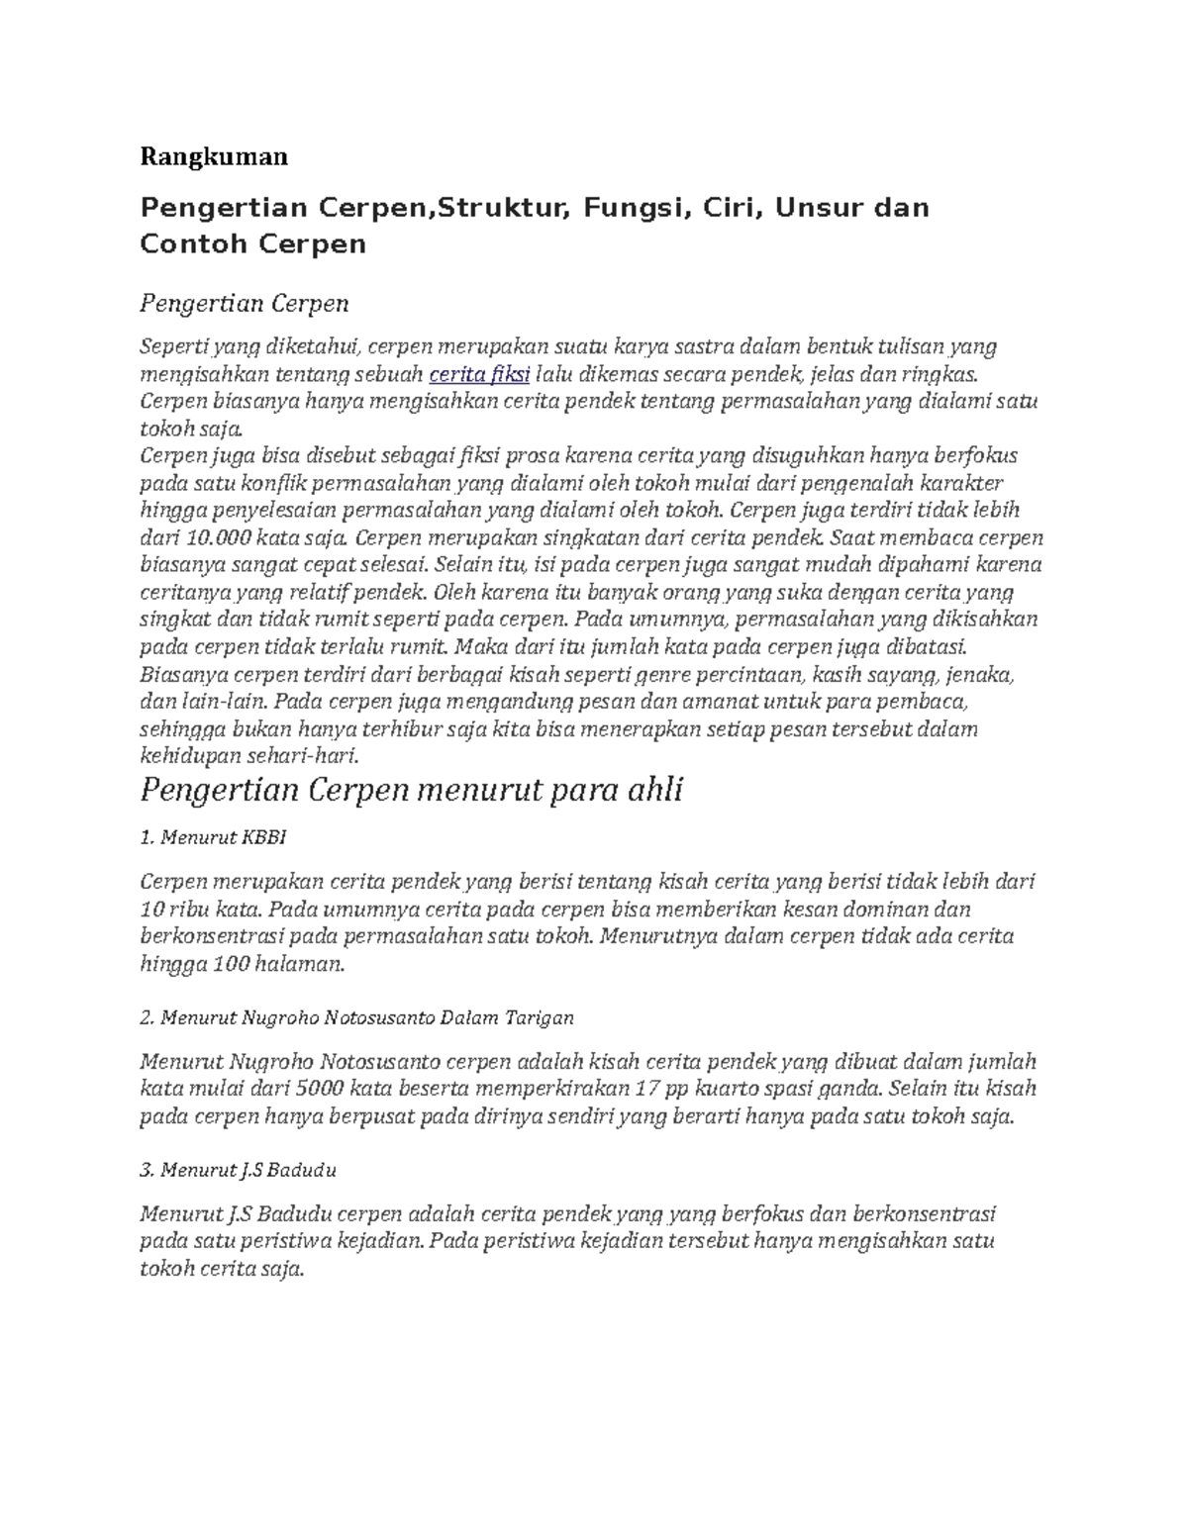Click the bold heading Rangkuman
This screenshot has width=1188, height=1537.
pyautogui.click(x=214, y=156)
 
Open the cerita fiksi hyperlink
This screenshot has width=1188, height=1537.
pyautogui.click(x=479, y=374)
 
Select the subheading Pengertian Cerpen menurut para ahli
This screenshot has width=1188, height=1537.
pyautogui.click(x=411, y=792)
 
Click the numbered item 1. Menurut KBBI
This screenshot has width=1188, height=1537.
pyautogui.click(x=213, y=837)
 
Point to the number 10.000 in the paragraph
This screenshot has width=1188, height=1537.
pyautogui.click(x=218, y=538)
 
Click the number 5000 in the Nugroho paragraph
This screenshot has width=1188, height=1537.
pyautogui.click(x=319, y=1090)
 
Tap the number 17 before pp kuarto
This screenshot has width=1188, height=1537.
pyautogui.click(x=650, y=1090)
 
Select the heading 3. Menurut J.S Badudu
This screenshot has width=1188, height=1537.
pyautogui.click(x=239, y=1170)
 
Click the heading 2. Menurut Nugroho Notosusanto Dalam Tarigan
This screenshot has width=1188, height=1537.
pyautogui.click(x=356, y=1017)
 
